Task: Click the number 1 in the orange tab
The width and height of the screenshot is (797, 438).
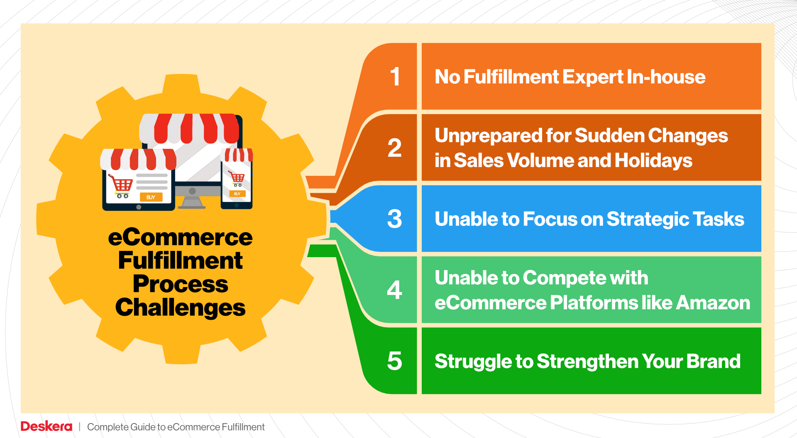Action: (x=395, y=77)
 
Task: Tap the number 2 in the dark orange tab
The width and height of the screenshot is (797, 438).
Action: (x=395, y=148)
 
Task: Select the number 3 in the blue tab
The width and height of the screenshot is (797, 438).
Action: (x=395, y=219)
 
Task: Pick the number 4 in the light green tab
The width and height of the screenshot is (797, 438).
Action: (x=395, y=290)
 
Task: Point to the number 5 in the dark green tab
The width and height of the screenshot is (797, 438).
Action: (x=395, y=361)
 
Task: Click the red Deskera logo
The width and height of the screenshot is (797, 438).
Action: (x=46, y=426)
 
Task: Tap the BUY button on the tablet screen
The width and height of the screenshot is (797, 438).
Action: (x=151, y=197)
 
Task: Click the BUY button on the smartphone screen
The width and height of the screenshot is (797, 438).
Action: (x=237, y=194)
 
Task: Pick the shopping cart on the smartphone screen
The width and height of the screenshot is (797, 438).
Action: (x=237, y=179)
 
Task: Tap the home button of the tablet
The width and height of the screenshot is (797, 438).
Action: (x=139, y=207)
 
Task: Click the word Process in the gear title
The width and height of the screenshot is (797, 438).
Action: (x=180, y=284)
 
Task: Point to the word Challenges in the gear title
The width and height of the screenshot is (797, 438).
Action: (x=180, y=308)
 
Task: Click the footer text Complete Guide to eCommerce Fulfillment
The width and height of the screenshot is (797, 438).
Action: (x=176, y=427)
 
